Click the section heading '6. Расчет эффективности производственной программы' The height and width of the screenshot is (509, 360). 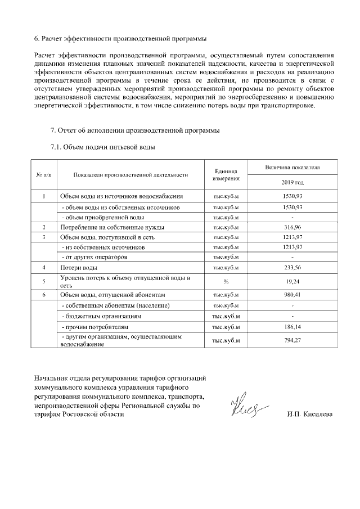[x=120, y=39]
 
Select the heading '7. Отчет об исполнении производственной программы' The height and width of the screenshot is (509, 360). [x=135, y=131]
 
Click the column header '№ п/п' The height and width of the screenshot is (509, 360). [x=44, y=175]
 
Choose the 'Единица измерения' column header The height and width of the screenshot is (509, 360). [x=226, y=175]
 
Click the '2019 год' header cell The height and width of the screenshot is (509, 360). [x=292, y=183]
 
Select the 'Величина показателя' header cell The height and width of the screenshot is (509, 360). [x=292, y=168]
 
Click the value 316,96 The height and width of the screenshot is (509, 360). [x=292, y=227]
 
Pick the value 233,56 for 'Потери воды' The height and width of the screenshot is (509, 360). [x=292, y=267]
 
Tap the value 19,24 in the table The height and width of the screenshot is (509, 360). [x=292, y=281]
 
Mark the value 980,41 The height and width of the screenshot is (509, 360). [x=292, y=295]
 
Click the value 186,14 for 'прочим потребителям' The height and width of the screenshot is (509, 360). [x=292, y=326]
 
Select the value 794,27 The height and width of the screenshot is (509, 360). [x=292, y=340]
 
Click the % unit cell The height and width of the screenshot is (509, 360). [x=226, y=281]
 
